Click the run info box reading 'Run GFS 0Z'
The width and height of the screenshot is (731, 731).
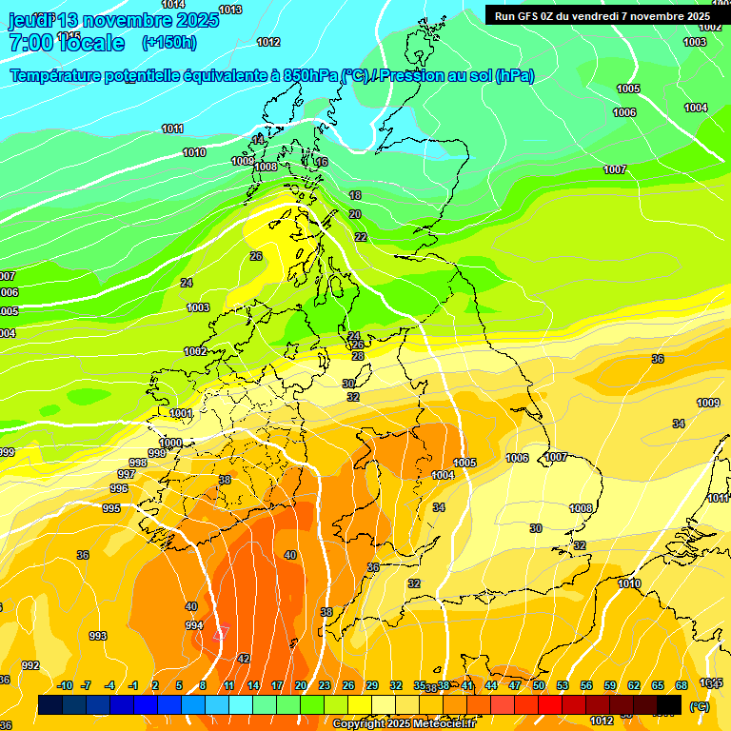coord(602,16)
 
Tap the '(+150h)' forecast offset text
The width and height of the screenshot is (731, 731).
coord(169,42)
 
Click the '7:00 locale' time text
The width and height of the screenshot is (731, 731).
coord(67,43)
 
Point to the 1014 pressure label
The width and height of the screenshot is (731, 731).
coord(173,5)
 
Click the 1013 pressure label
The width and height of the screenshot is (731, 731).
coord(229,10)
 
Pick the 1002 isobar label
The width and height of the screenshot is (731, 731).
coord(195,351)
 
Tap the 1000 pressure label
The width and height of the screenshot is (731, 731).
coord(170,444)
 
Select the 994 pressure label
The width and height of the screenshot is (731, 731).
coord(194,625)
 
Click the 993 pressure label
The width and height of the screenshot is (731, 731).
coord(97,636)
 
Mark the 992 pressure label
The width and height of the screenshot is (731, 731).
coord(30,665)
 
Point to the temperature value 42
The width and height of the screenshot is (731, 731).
coord(244,659)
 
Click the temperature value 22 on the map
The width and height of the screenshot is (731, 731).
coord(360,237)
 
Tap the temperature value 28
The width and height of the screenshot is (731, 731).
coord(358,356)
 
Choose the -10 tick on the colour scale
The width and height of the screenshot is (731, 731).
coord(65,685)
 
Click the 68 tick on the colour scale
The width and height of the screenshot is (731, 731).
coord(682,685)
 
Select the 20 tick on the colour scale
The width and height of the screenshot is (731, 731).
coord(301,685)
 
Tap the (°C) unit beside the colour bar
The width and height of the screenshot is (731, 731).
coord(699,706)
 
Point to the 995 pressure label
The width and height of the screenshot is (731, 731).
coord(111,508)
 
